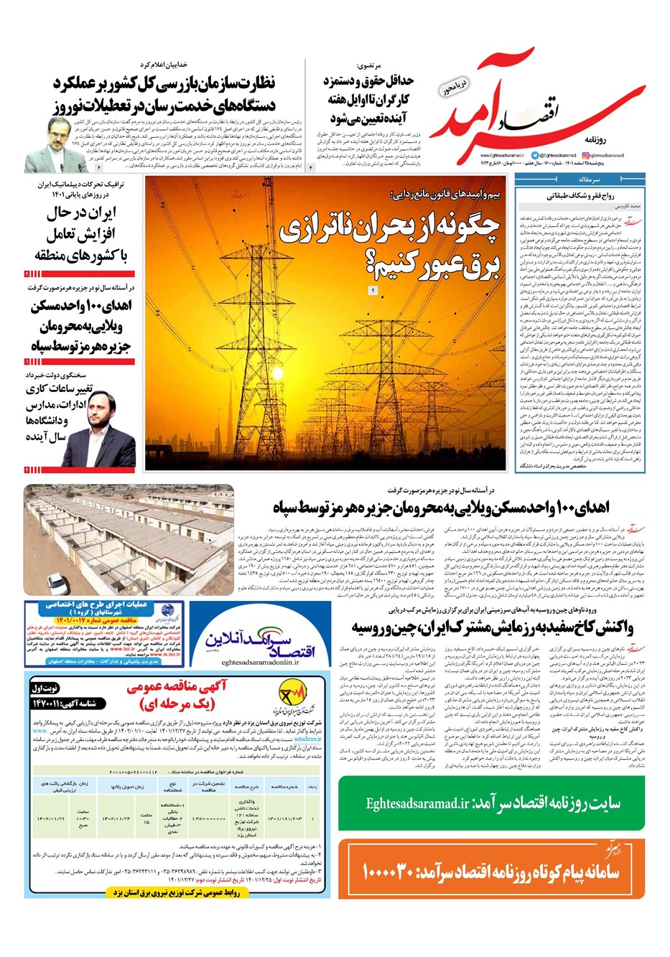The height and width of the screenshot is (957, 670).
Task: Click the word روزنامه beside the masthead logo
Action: tap(636, 136)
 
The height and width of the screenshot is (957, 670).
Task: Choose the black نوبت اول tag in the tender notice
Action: tap(47, 687)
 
